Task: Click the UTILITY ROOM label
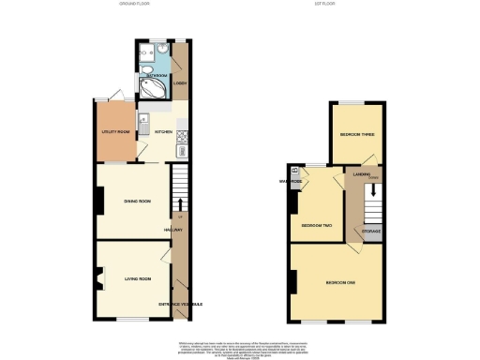pos(115,132)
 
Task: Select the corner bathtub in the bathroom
pos(151,87)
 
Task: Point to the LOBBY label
pos(179,83)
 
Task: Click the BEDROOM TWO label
pos(317,226)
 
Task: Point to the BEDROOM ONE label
pos(340,282)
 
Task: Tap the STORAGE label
pos(371,230)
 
